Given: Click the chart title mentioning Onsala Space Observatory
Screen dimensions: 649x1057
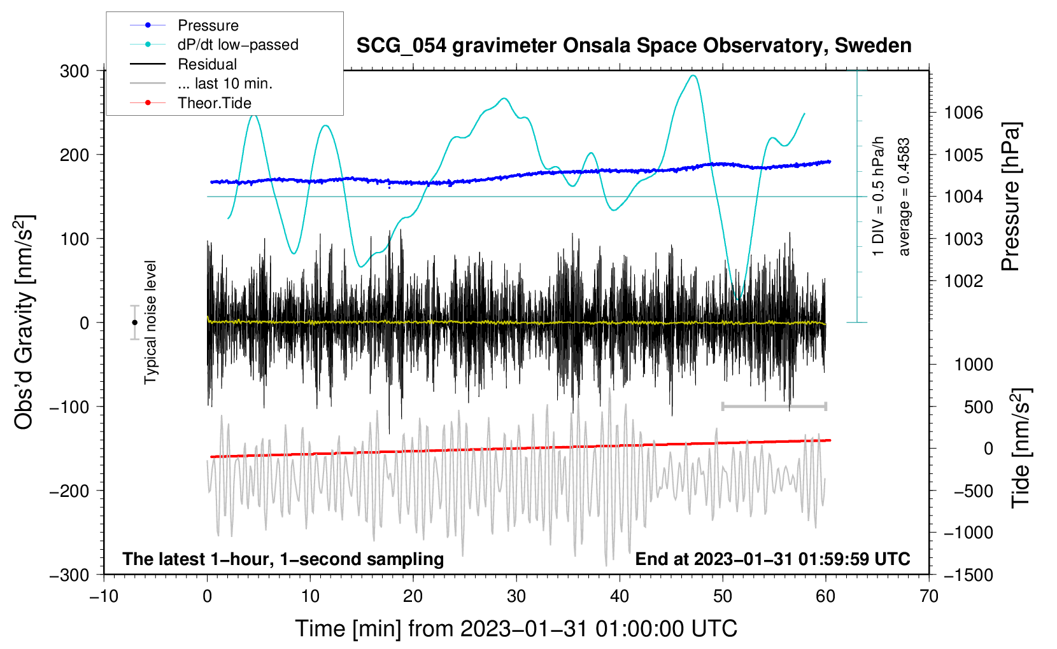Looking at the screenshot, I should pos(634,46).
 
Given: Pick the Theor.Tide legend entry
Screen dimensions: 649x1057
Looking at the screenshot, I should pos(214,103).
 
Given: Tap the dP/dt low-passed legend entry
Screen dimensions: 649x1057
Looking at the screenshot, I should pos(238,45).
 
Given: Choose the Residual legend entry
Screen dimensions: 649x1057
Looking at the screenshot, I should pos(207,64).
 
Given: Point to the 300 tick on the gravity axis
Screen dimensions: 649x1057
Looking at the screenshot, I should pos(74,71).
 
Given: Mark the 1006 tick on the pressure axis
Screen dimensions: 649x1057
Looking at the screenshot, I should pos(963,113).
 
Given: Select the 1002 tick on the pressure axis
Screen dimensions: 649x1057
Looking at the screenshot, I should pos(963,281).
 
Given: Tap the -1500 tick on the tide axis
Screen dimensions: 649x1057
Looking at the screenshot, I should pos(968,575).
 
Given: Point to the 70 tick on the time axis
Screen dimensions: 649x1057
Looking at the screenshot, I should pos(929,596).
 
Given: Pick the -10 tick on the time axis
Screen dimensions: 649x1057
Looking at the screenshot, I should pos(104,596).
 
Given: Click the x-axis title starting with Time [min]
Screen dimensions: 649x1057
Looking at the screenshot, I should pos(516,629).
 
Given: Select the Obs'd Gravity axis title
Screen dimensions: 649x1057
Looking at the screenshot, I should pos(24,323).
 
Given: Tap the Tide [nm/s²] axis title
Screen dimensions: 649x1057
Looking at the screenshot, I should pos(1021,449).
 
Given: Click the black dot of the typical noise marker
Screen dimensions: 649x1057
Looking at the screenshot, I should pos(134,323).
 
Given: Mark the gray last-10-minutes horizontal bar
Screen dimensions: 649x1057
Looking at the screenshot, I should pos(774,406).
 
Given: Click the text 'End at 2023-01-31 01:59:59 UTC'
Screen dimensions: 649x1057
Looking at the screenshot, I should pos(772,559).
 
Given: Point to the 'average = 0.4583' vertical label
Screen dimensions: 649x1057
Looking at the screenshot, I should pos(904,197).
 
